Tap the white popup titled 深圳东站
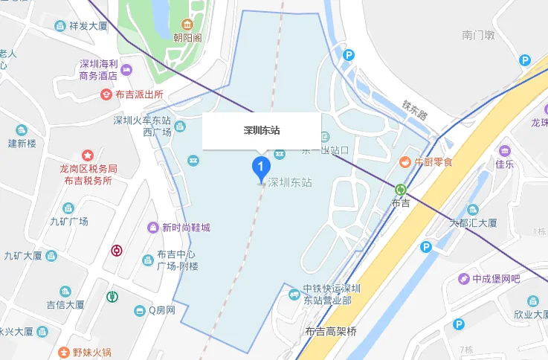coord(262,131)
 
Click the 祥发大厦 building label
coord(89,27)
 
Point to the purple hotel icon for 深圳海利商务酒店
coord(126,70)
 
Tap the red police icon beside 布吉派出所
coord(106,94)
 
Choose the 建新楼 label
coord(22,143)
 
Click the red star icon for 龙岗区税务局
coord(87,155)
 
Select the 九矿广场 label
coord(69,221)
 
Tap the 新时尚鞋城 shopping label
coord(186,227)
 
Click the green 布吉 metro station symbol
coord(401,190)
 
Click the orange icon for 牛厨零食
coord(405,161)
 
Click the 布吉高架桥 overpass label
coord(331,332)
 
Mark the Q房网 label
coord(161,310)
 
